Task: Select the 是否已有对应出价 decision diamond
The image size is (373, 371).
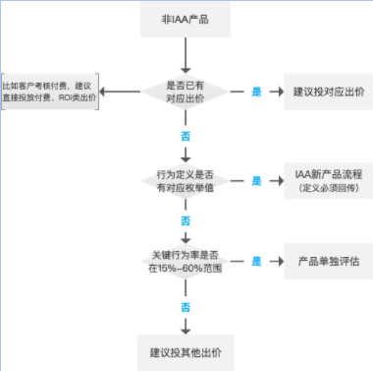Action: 186,92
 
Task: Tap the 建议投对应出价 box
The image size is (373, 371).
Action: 324,92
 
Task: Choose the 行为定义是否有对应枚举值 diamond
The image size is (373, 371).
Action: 186,181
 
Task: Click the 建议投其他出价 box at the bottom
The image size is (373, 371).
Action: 186,350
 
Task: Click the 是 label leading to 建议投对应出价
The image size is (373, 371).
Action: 257,92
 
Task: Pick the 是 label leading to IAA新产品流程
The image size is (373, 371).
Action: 257,181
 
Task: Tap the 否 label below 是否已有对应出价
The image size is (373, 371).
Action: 186,129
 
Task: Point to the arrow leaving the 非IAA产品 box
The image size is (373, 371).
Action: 186,54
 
